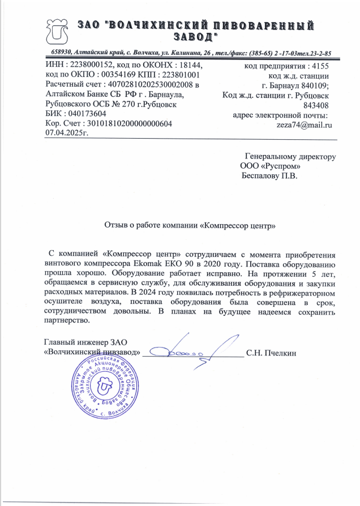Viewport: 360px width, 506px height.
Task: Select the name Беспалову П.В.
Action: coord(269,175)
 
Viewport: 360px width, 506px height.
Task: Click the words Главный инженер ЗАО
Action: coord(86,341)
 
